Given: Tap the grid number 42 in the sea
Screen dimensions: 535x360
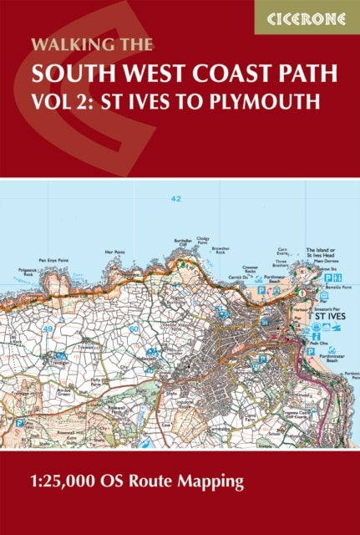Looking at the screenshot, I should [175, 199].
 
